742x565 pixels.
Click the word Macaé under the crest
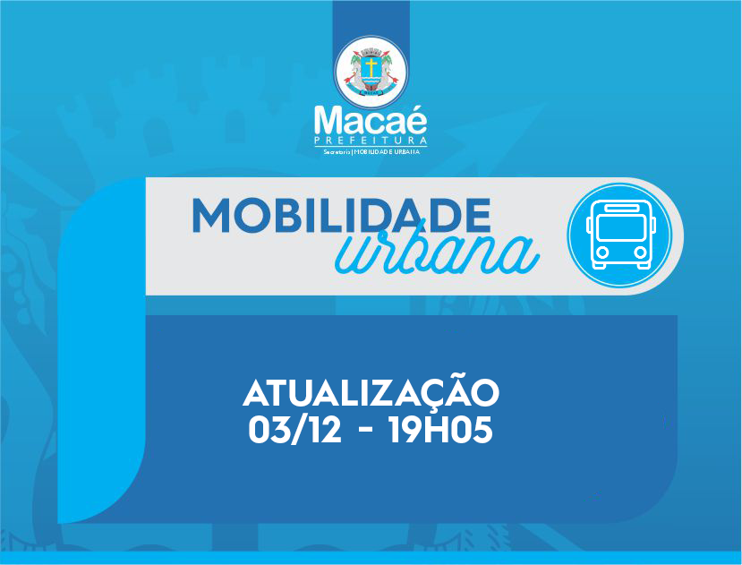pos(371,121)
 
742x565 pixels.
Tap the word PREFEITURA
pos(371,141)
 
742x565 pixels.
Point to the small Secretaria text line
pos(371,152)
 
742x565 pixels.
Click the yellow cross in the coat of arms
pos(371,67)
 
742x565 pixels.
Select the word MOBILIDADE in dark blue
pos(341,216)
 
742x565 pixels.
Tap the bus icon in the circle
pos(621,235)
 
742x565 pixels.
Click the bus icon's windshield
pos(621,227)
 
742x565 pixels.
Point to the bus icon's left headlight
pos(602,253)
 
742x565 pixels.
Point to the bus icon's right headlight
pos(640,253)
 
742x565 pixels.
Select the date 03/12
pos(294,430)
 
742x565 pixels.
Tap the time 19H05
pos(440,430)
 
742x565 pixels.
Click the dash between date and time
pos(365,431)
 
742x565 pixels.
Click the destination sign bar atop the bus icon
pos(621,208)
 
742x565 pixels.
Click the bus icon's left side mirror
pos(589,225)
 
